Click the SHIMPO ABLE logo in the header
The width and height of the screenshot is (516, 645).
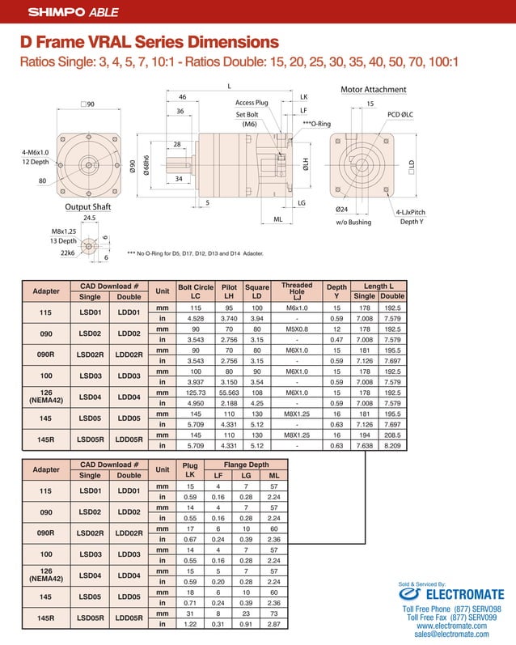[x=63, y=12]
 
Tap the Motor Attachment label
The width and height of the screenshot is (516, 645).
[x=374, y=89]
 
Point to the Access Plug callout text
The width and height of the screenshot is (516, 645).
[x=251, y=103]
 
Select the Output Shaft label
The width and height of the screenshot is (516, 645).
[x=87, y=206]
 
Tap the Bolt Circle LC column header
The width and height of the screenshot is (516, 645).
[x=195, y=291]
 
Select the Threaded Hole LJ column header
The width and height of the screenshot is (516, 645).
[x=296, y=291]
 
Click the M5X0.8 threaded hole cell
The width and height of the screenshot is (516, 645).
[x=296, y=329]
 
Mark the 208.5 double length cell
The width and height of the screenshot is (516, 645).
[x=393, y=434]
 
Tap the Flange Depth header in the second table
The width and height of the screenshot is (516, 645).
[x=246, y=465]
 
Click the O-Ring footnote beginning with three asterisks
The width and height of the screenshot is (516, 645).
[x=195, y=253]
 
